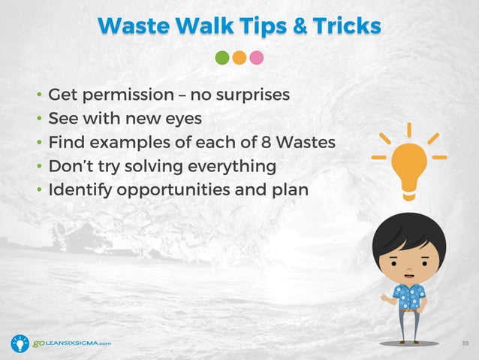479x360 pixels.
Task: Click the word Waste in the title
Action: (x=134, y=26)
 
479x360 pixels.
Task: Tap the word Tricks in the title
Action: (x=345, y=26)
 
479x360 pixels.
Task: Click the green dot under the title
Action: (x=222, y=58)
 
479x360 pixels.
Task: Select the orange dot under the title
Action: (x=239, y=58)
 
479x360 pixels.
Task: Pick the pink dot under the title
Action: (x=256, y=58)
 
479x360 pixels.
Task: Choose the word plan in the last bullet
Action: (x=290, y=189)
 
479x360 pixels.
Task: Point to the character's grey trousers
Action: (x=409, y=324)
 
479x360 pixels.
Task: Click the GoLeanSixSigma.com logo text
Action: (x=72, y=343)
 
